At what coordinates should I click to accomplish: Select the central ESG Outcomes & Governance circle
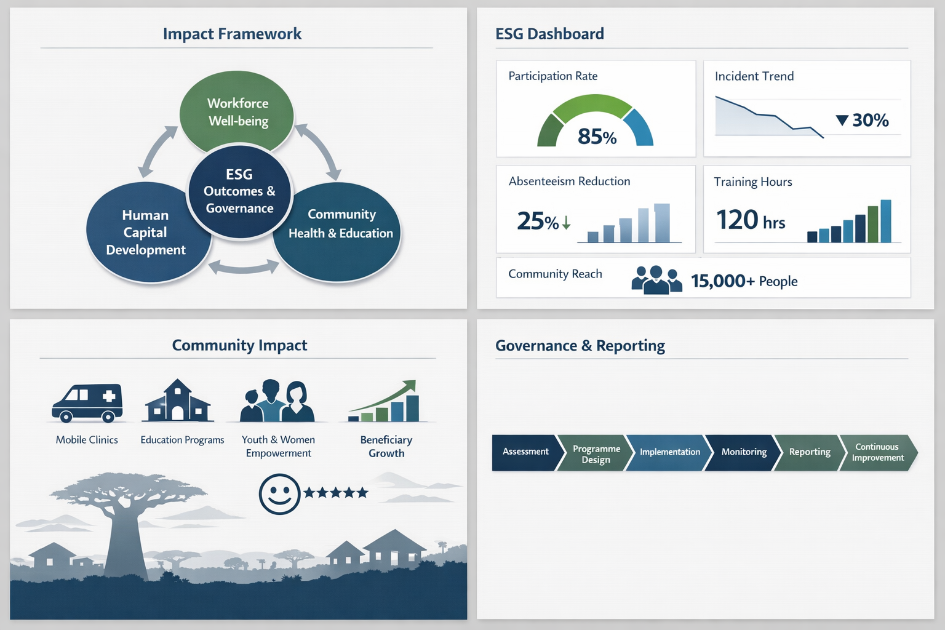click(x=239, y=191)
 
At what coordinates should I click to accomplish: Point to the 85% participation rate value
click(x=597, y=137)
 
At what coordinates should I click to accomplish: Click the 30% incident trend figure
click(x=863, y=120)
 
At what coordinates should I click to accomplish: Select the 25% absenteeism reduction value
click(x=544, y=221)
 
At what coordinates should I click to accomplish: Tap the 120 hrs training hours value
click(x=751, y=220)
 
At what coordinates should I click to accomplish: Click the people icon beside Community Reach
click(x=656, y=279)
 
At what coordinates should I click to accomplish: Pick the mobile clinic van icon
click(x=87, y=402)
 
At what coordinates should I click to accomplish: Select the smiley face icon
click(x=279, y=494)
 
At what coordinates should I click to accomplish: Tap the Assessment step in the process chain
click(x=527, y=452)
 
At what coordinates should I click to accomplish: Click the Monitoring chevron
click(x=743, y=452)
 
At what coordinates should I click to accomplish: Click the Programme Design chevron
click(x=596, y=452)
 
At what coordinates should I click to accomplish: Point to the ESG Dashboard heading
click(x=549, y=34)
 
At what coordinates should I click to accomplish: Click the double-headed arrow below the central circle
click(x=244, y=266)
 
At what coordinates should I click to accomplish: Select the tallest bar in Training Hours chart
click(x=886, y=221)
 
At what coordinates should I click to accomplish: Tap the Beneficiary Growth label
click(x=386, y=447)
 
